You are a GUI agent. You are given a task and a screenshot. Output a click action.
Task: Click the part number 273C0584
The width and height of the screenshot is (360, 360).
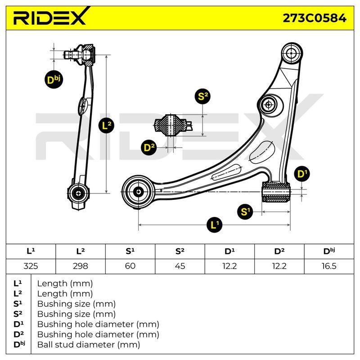[314, 18]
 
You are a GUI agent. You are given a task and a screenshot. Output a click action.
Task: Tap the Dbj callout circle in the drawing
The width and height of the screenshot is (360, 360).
[54, 80]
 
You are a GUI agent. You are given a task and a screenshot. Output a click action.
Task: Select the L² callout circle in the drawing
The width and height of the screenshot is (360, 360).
[106, 126]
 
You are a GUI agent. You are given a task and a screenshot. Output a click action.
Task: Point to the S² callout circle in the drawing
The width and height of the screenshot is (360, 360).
[202, 96]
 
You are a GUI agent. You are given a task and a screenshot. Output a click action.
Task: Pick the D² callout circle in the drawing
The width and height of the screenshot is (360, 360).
[149, 147]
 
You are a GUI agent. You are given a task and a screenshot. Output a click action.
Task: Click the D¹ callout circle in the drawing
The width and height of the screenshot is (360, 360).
[302, 174]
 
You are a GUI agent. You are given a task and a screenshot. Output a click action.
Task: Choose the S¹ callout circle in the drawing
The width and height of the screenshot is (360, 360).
[245, 211]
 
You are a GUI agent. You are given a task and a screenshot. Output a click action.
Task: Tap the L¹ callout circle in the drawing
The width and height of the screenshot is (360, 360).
[215, 224]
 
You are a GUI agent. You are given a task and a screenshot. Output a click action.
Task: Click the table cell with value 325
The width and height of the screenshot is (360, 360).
[31, 266]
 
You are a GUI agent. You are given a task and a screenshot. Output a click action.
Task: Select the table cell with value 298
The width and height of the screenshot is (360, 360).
[81, 266]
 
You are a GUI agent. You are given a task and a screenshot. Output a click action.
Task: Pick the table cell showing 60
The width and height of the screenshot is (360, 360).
[130, 266]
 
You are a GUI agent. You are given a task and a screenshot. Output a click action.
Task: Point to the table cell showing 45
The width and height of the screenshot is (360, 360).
[180, 266]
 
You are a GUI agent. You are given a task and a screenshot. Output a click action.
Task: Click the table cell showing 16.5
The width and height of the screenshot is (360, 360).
[329, 266]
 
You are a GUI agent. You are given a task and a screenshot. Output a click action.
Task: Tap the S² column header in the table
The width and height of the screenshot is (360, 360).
[180, 252]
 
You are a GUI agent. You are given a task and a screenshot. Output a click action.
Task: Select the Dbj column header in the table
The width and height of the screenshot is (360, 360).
[329, 252]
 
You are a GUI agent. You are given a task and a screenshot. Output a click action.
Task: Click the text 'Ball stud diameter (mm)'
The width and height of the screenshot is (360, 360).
[89, 345]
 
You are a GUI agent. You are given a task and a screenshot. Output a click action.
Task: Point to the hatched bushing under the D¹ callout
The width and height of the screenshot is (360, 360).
[276, 192]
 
